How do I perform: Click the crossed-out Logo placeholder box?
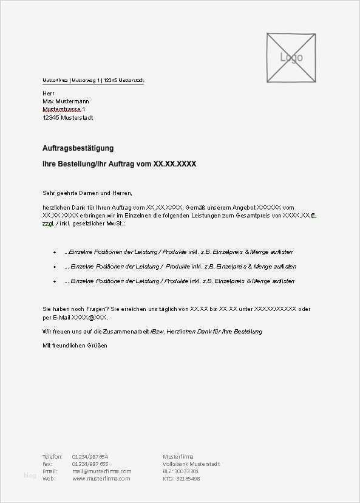[291, 58]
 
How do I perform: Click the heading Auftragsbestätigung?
[78, 148]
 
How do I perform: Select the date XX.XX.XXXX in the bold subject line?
[175, 164]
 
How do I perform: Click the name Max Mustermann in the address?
[66, 101]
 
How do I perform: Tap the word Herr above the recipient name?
[49, 92]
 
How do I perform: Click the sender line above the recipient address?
[93, 80]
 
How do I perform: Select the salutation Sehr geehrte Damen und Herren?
[87, 193]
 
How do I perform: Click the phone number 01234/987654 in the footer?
[90, 456]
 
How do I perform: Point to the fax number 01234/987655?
[90, 464]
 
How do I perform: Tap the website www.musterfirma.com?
[101, 478]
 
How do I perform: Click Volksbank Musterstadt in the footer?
[191, 464]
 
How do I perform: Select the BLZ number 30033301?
[188, 471]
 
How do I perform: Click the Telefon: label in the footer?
[52, 456]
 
